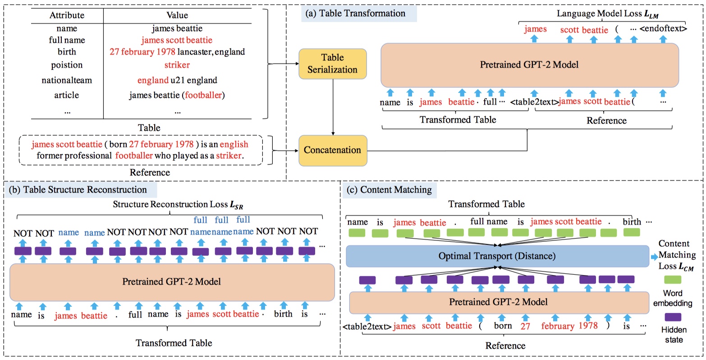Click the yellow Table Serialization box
[x=332, y=64]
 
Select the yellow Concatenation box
[x=332, y=150]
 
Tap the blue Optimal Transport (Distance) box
[x=497, y=256]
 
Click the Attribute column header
[x=67, y=15]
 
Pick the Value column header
[x=177, y=15]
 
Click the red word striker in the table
[x=177, y=65]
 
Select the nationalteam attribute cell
[x=67, y=80]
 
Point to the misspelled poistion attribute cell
[x=67, y=65]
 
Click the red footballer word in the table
[x=204, y=95]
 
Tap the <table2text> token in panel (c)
[x=367, y=326]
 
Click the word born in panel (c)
[x=503, y=326]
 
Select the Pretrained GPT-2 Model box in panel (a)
[x=529, y=65]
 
